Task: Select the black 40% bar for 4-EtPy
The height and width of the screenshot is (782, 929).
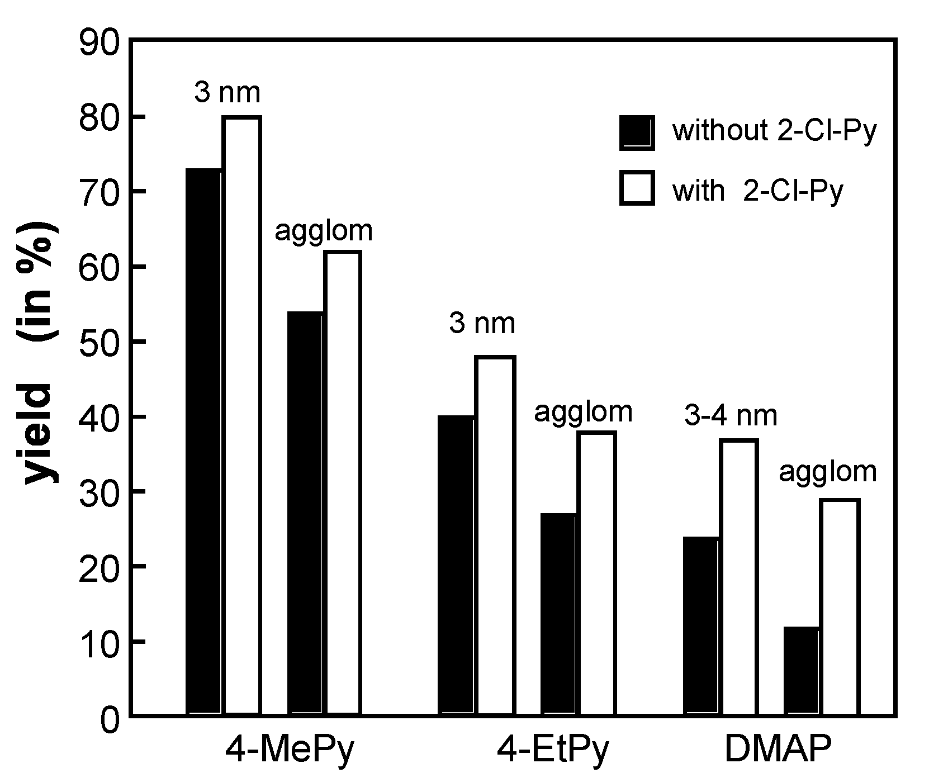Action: (456, 565)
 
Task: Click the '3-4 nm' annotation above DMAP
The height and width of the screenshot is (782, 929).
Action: (731, 416)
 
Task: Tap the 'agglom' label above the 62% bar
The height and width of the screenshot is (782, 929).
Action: (323, 231)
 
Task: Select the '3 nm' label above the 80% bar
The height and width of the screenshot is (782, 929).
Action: (227, 93)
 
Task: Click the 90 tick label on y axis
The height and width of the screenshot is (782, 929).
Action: (99, 42)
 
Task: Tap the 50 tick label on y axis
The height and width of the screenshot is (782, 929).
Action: (99, 342)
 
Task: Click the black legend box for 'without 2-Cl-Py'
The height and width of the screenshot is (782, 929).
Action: (637, 132)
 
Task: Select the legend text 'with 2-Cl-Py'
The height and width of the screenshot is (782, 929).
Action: (757, 191)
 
